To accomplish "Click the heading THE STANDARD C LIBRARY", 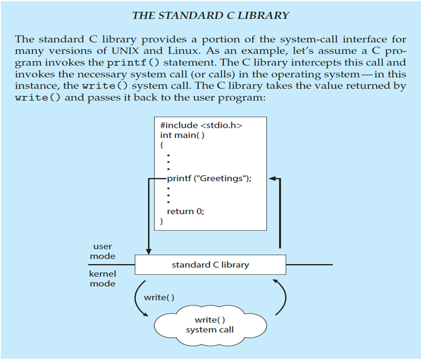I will (x=210, y=15).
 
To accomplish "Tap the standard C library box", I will (x=210, y=265).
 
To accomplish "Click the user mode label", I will (x=102, y=251).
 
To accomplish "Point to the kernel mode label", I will (x=102, y=279).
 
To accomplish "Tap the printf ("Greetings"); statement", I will (x=209, y=178).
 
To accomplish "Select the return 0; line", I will (x=185, y=211).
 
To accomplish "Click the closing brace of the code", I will (x=162, y=221).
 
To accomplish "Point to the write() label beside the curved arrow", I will (x=159, y=297).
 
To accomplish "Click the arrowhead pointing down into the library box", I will (x=149, y=251).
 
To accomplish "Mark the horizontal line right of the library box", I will (x=308, y=265).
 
